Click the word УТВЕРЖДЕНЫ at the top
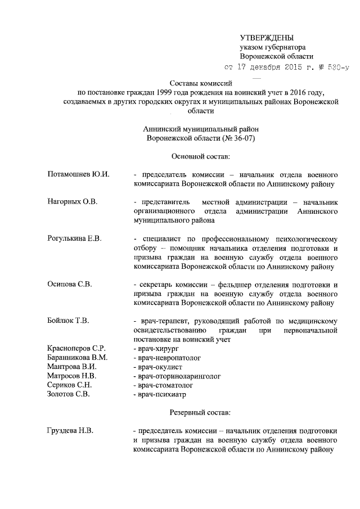[x=267, y=37]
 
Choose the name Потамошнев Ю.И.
[x=78, y=174]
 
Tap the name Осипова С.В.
[x=70, y=284]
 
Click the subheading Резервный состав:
[x=201, y=413]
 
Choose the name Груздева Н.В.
[x=70, y=431]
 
